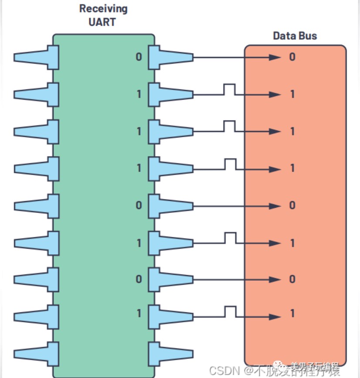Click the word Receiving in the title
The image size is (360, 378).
coord(103,9)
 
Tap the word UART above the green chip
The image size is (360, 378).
coord(103,22)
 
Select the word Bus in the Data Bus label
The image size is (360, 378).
coord(307,36)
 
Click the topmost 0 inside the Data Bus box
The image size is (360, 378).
coord(292,57)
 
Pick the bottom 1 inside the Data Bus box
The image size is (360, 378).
coord(292,314)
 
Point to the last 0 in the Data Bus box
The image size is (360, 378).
coord(292,279)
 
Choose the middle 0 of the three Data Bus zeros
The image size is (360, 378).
coord(292,205)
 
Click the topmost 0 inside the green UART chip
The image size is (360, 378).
coord(139,57)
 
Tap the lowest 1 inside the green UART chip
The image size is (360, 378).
coord(139,314)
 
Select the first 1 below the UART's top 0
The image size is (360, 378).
coord(139,94)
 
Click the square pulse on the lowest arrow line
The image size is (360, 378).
coord(230,310)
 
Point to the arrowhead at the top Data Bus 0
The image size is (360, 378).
coord(274,57)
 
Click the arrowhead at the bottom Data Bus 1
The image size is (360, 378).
coord(274,317)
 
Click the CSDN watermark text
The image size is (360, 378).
coord(224,370)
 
